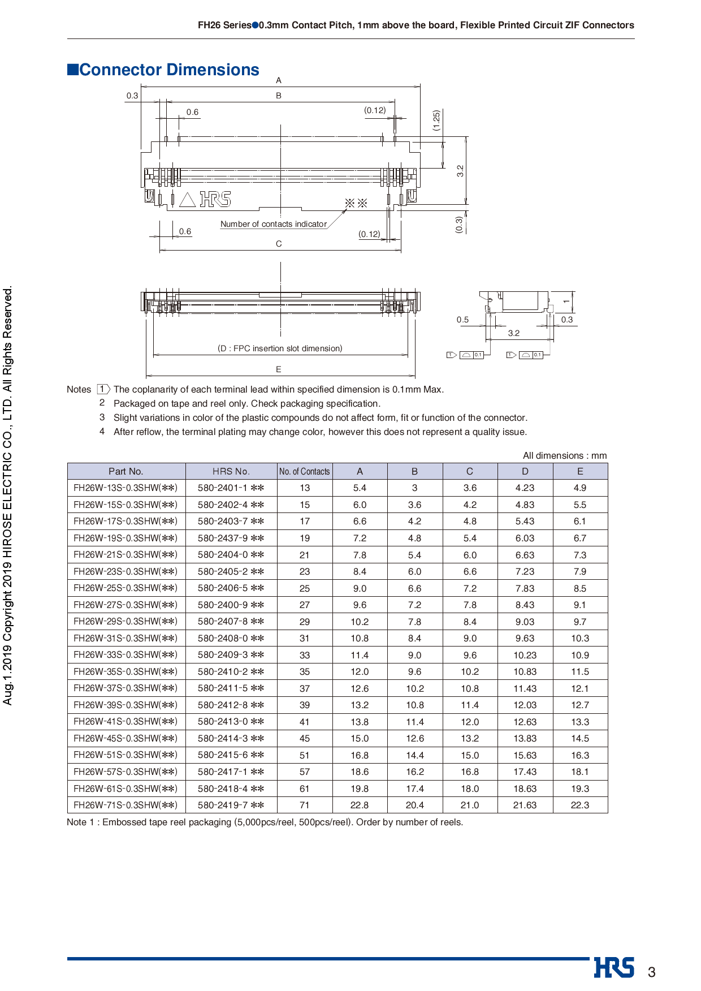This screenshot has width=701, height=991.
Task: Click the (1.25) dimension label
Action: tap(436, 120)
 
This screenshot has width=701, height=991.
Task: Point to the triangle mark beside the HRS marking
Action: tap(187, 200)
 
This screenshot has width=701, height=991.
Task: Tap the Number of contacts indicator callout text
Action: tap(274, 224)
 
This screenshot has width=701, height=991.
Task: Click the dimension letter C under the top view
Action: tap(279, 244)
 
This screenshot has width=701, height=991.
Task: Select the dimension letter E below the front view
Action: tap(279, 369)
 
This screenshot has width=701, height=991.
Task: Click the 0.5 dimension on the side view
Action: tap(462, 320)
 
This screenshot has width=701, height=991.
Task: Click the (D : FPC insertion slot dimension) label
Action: tap(280, 348)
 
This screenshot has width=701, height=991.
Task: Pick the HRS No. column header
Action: tap(231, 471)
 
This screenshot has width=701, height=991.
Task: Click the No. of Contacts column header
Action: tap(304, 471)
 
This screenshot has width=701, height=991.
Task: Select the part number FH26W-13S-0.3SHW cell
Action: tap(126, 488)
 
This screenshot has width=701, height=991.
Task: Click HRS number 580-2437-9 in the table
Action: tap(231, 538)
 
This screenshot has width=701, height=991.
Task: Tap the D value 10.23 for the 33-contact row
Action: tap(525, 655)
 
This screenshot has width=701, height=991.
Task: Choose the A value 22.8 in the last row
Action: tap(360, 805)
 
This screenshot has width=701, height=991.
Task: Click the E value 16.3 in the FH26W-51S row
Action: tap(580, 755)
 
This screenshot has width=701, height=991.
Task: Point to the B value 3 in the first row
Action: tap(414, 488)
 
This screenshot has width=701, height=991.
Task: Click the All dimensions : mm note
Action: tap(564, 455)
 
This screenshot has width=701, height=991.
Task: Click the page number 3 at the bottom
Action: tap(651, 972)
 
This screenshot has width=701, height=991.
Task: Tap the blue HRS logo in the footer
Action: tap(614, 967)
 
